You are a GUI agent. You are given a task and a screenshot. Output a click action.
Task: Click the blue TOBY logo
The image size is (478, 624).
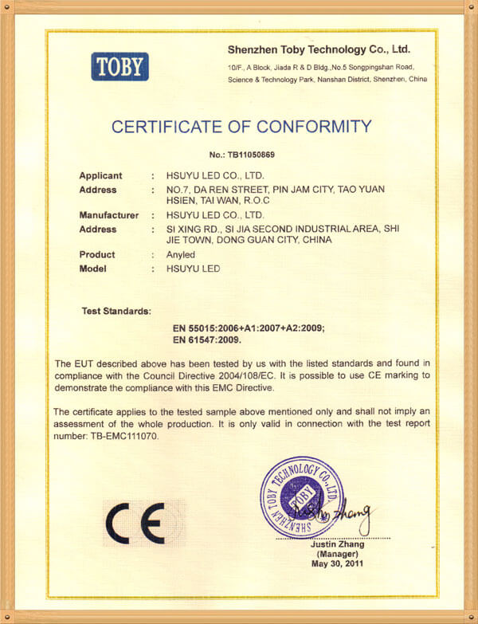pyautogui.click(x=120, y=65)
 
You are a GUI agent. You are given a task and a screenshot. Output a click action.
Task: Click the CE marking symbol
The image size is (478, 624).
pyautogui.click(x=135, y=524)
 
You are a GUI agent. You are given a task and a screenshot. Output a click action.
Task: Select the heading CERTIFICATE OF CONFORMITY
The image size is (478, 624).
pyautogui.click(x=241, y=126)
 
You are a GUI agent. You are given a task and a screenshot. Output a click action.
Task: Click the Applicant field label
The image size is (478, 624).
pyautogui.click(x=100, y=175)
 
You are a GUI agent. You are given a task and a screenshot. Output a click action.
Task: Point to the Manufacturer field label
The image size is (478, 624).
pyautogui.click(x=108, y=215)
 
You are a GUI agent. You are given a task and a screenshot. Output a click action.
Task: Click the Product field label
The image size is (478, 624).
pyautogui.click(x=96, y=255)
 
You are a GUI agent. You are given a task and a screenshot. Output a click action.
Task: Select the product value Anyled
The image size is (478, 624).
pyautogui.click(x=178, y=255)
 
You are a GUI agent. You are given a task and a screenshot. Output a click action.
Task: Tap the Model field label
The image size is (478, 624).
pyautogui.click(x=92, y=269)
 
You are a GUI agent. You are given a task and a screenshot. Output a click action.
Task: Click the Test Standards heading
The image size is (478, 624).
pyautogui.click(x=116, y=309)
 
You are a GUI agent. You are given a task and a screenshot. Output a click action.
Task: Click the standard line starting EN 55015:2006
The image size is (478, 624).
pyautogui.click(x=249, y=328)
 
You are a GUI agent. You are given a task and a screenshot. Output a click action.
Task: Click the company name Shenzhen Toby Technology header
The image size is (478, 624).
pyautogui.click(x=318, y=49)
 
